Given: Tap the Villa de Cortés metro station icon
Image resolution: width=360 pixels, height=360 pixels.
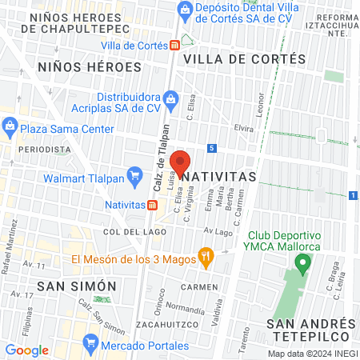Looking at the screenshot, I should pyautogui.click(x=174, y=46).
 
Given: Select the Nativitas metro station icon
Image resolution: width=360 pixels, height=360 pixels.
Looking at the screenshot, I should pyautogui.click(x=151, y=204).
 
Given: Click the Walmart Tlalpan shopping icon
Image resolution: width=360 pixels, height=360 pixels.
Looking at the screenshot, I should pyautogui.click(x=133, y=179).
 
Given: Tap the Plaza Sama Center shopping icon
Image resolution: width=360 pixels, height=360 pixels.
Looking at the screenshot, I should pyautogui.click(x=10, y=125).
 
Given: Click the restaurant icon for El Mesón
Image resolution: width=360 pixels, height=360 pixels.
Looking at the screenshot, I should pyautogui.click(x=206, y=258).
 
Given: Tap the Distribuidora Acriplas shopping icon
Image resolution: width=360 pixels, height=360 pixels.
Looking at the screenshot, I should pyautogui.click(x=170, y=98).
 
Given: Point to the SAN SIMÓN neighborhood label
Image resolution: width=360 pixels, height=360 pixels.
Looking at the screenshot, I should pyautogui.click(x=77, y=286).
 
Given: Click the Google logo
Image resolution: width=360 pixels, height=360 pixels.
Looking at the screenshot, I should pyautogui.click(x=27, y=350).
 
